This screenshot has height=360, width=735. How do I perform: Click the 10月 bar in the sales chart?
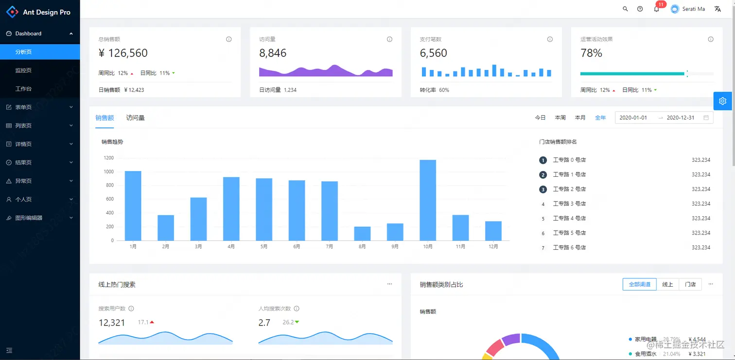(x=428, y=200)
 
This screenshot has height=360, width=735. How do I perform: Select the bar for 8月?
(x=362, y=233)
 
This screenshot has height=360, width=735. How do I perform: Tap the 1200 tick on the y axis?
(x=108, y=158)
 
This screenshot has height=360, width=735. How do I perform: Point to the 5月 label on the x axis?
(x=264, y=247)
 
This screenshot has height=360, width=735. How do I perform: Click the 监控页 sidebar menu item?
(x=23, y=70)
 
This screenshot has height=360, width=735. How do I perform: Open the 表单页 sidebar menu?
(x=23, y=107)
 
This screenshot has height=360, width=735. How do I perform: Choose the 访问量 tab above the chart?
(x=135, y=118)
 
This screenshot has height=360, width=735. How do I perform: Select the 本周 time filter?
(x=560, y=118)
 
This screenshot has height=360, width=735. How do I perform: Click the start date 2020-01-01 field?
(x=633, y=118)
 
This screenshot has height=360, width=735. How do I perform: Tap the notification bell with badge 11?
(x=657, y=9)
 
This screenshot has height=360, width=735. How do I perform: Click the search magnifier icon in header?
(x=625, y=9)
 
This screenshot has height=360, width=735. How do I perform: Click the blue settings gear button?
(x=722, y=101)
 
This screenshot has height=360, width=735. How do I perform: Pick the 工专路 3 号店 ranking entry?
(x=569, y=204)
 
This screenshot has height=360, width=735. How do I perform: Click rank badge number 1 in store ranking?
(x=543, y=160)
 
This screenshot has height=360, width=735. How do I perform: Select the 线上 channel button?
(x=667, y=284)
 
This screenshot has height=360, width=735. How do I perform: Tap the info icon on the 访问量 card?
(x=389, y=39)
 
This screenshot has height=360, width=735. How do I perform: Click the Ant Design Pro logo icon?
(x=12, y=12)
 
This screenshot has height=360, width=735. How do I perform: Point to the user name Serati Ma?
(x=694, y=9)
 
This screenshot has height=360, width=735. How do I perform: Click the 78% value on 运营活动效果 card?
(x=591, y=53)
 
